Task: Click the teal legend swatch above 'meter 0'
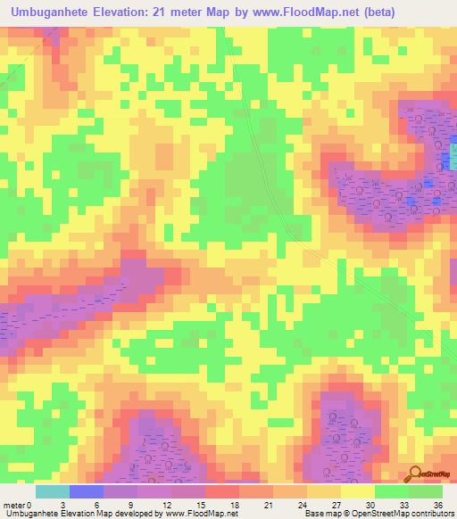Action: coord(53,491)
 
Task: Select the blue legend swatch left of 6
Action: coord(87,491)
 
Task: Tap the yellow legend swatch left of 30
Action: coord(357,491)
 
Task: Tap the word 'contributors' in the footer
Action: coord(431,514)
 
